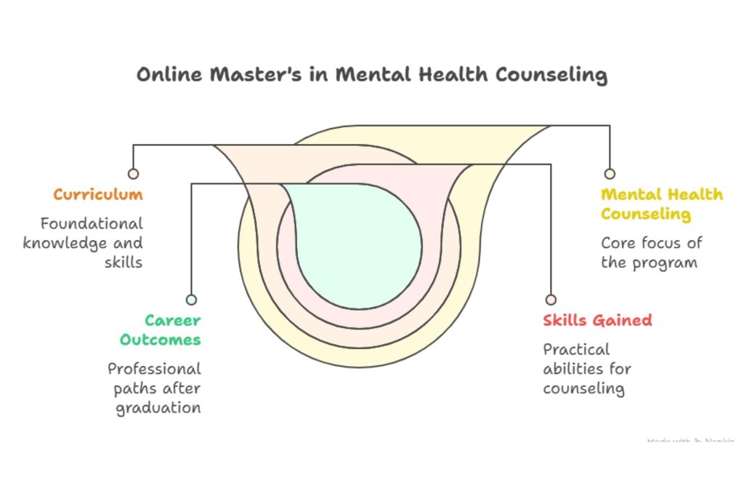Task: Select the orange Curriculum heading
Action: click(98, 195)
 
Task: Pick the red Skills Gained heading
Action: click(597, 320)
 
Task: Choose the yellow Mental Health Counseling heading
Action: click(661, 204)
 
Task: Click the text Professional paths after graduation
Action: click(155, 388)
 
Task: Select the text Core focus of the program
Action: click(651, 252)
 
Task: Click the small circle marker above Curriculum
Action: click(133, 174)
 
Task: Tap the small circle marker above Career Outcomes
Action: click(191, 300)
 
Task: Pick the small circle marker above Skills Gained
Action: click(551, 300)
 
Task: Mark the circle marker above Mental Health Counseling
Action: click(610, 174)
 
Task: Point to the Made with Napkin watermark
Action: click(690, 441)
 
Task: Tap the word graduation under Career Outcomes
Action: click(158, 407)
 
